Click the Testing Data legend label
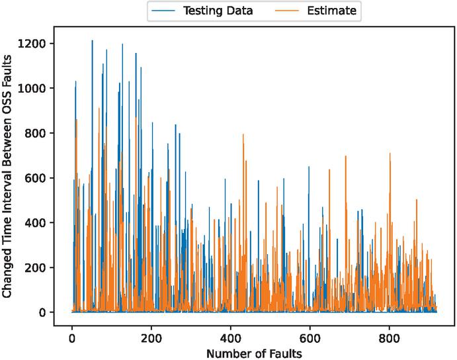point(218,11)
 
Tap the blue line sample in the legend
point(164,11)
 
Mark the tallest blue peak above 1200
point(92,40)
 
